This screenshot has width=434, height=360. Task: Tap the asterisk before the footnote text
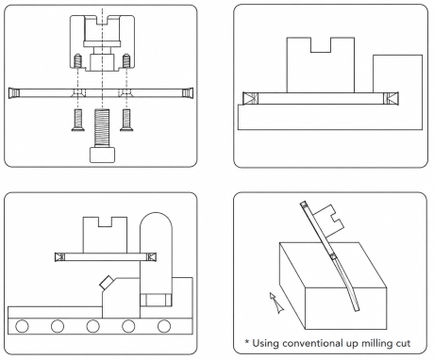[x=246, y=341]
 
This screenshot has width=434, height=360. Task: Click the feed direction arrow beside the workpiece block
[x=276, y=303]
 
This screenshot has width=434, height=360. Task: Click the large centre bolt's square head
[x=102, y=155]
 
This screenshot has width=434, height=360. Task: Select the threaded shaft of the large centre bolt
[x=102, y=128]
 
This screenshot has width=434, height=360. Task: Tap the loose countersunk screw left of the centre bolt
[x=77, y=120]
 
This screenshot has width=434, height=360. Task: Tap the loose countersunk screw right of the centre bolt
[x=126, y=120]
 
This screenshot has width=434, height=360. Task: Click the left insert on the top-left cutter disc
[x=14, y=92]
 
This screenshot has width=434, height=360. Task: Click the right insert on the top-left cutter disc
[x=188, y=92]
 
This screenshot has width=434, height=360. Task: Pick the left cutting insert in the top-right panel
[x=251, y=98]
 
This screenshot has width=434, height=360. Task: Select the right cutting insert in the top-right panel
[x=391, y=98]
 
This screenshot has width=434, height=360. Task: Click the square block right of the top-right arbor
[x=397, y=74]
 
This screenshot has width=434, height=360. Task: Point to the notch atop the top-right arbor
[x=321, y=45]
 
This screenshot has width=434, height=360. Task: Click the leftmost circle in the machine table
[x=22, y=326]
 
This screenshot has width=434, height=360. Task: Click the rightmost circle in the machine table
[x=164, y=326]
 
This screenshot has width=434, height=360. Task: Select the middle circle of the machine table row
[x=92, y=326]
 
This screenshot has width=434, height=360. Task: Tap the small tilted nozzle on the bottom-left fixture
[x=107, y=282]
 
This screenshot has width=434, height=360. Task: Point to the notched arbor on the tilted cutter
[x=328, y=221]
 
